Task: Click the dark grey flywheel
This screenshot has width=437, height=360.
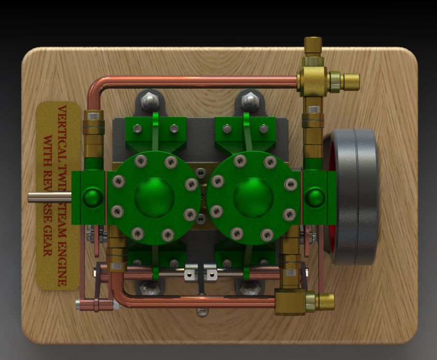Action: pyautogui.click(x=355, y=197)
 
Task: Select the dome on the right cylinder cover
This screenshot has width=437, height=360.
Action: pyautogui.click(x=253, y=197)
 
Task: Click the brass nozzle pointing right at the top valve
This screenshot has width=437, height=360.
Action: pyautogui.click(x=351, y=81)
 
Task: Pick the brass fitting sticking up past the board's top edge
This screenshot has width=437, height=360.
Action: pyautogui.click(x=313, y=46)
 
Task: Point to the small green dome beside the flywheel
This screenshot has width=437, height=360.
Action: pyautogui.click(x=314, y=197)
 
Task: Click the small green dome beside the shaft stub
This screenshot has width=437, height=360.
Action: pyautogui.click(x=93, y=197)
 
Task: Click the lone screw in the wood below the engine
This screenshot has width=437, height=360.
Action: pyautogui.click(x=202, y=311)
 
